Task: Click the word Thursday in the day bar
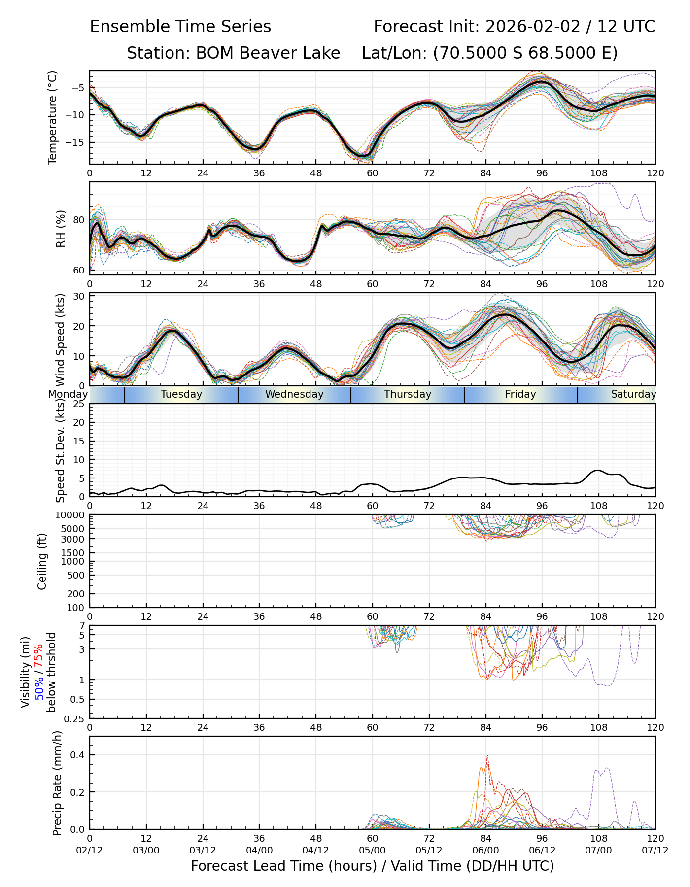pyautogui.click(x=408, y=394)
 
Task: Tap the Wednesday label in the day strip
pyautogui.click(x=294, y=394)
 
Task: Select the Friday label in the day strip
pyautogui.click(x=520, y=394)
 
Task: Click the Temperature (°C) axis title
pyautogui.click(x=53, y=117)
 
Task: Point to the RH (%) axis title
pyautogui.click(x=61, y=229)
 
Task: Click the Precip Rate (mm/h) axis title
pyautogui.click(x=58, y=783)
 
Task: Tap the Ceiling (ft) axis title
pyautogui.click(x=43, y=561)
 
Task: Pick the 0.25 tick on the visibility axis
pyautogui.click(x=75, y=718)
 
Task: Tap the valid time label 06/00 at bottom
pyautogui.click(x=485, y=851)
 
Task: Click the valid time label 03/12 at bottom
pyautogui.click(x=203, y=851)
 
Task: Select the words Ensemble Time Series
pyautogui.click(x=180, y=27)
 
